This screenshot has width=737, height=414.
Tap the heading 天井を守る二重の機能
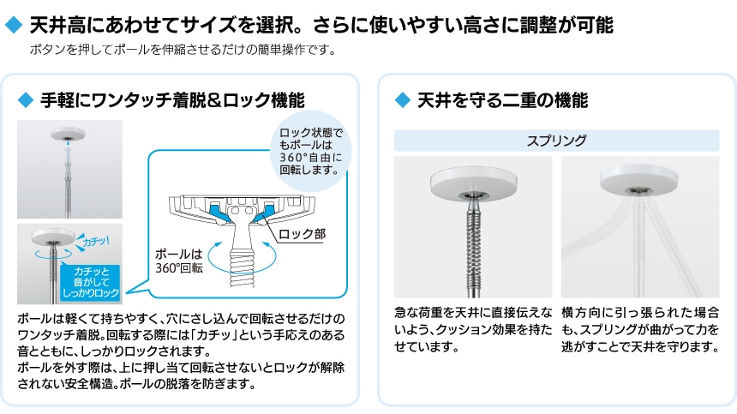click(x=502, y=100)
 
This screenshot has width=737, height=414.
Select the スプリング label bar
click(x=556, y=141)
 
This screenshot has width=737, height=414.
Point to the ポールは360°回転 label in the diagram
click(x=179, y=261)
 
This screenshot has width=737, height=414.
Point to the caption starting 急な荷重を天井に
click(x=472, y=330)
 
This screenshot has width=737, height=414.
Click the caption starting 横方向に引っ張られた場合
click(x=639, y=330)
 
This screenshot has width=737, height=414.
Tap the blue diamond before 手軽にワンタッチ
click(x=25, y=100)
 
